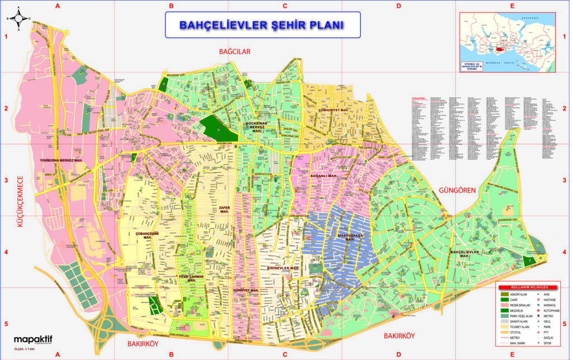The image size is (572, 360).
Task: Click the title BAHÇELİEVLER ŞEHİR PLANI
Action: pos(262,25)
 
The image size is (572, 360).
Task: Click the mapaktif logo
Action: pos(35,339)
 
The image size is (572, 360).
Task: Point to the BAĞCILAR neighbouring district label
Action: pos(235,51)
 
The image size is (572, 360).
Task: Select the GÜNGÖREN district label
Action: pos(457,190)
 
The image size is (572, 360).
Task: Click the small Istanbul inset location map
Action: pos(507,42)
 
